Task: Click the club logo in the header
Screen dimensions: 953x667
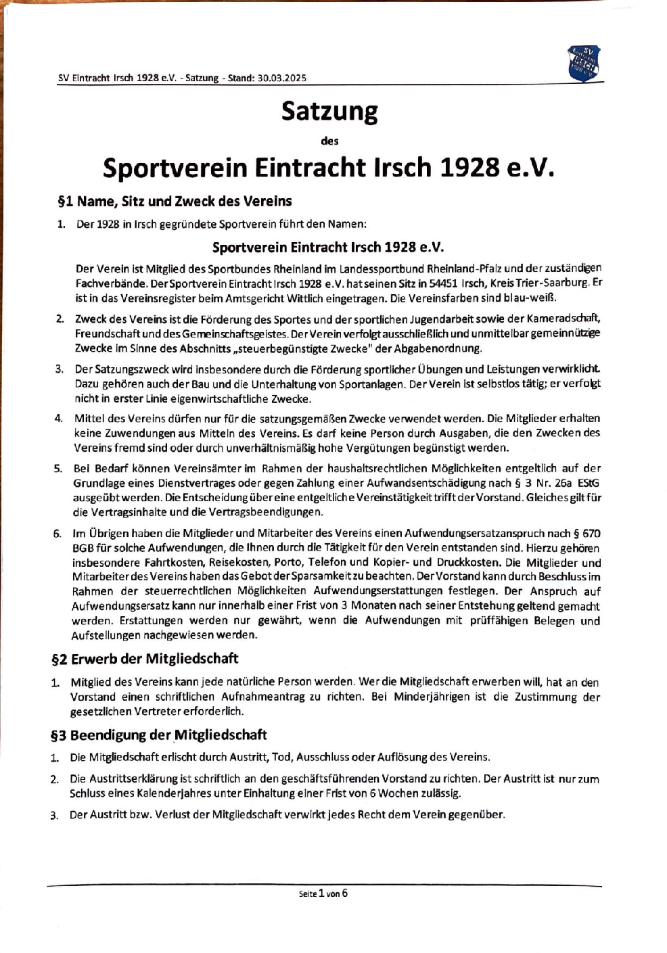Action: point(583,63)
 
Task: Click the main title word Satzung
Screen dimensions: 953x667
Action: point(329,111)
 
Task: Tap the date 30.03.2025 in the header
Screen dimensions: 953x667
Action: point(281,78)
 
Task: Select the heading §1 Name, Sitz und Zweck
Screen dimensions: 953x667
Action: point(175,201)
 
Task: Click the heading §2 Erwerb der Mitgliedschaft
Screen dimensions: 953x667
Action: point(145,658)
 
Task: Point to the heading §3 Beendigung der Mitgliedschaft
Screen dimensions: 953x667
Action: point(158,735)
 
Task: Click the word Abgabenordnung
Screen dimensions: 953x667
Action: point(437,348)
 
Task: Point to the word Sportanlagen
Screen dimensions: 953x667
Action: point(374,384)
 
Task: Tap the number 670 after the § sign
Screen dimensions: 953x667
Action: point(591,534)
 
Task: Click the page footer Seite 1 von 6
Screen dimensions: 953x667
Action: point(323,893)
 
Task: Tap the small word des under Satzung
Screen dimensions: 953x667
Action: point(329,141)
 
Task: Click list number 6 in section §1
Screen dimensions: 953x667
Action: point(57,534)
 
